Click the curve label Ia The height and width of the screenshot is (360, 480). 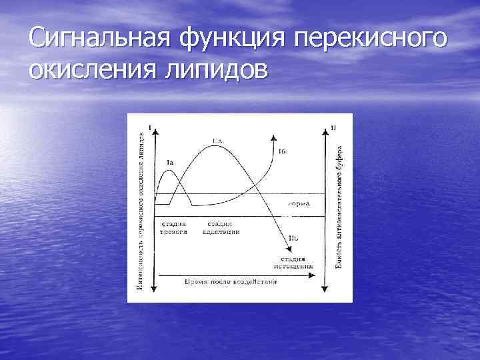[x=170, y=162]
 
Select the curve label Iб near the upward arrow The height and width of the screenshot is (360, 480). [x=283, y=152]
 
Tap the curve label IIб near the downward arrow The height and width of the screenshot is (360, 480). [x=293, y=237]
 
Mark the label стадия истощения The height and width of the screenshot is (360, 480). [x=293, y=262]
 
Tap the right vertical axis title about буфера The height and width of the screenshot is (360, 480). [x=339, y=207]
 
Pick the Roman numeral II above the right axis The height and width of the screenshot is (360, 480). [x=333, y=127]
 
